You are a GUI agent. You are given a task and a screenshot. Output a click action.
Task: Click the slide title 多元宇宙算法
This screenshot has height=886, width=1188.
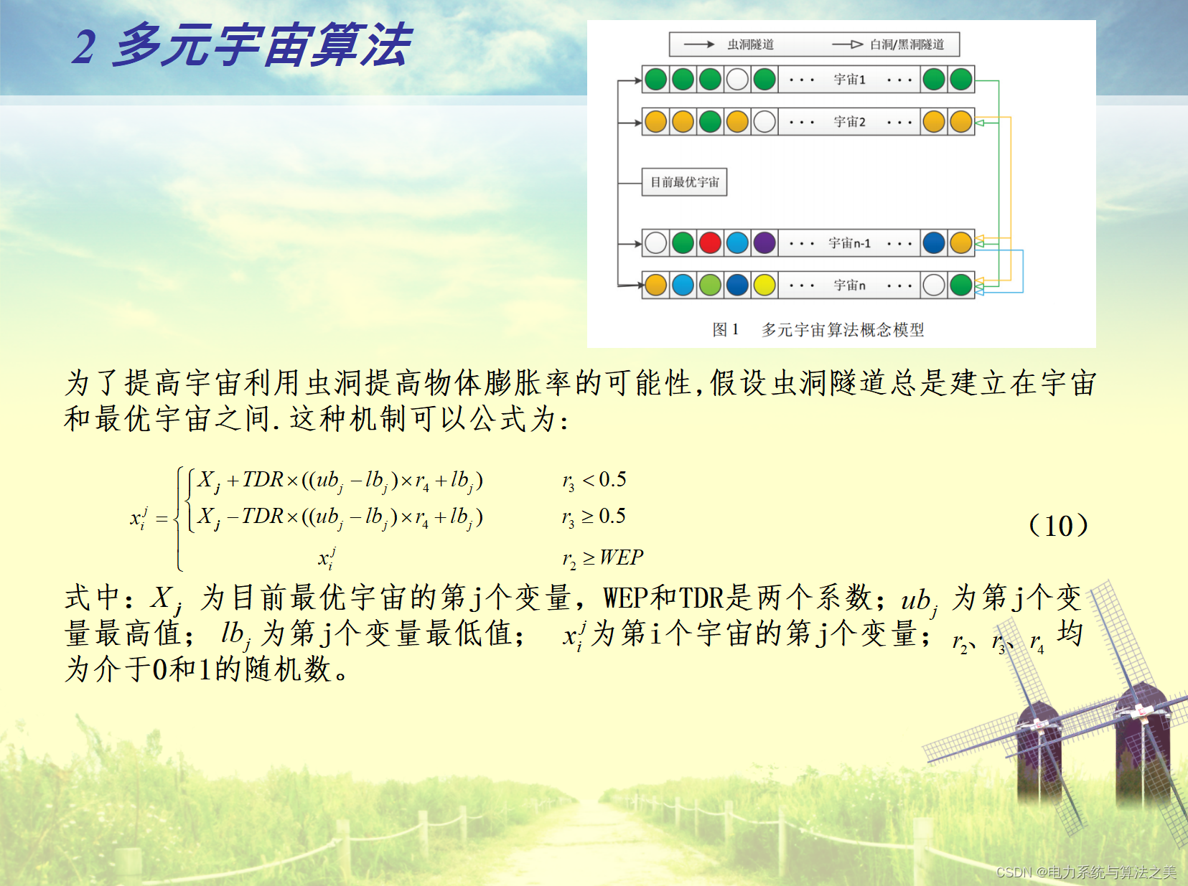(263, 45)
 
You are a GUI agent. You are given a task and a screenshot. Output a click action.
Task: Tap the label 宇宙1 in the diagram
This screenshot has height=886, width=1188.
(850, 80)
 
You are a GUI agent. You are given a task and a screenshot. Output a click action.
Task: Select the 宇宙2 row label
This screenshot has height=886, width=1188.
(850, 122)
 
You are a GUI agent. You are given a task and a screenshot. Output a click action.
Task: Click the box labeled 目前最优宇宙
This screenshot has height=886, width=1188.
(684, 182)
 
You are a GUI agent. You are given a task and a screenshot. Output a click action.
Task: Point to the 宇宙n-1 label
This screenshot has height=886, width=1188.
(850, 243)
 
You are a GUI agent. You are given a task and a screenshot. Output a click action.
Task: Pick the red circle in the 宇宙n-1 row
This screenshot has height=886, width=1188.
(710, 243)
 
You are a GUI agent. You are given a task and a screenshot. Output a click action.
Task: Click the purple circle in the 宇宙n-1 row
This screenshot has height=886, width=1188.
(764, 243)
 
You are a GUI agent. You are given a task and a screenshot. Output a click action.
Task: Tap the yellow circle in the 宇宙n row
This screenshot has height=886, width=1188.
(764, 285)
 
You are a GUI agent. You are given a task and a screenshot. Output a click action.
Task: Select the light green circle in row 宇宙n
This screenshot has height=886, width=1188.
(710, 285)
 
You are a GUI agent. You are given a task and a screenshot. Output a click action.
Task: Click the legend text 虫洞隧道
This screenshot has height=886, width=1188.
(751, 44)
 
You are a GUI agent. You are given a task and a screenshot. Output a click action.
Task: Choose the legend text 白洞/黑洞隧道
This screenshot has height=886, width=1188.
(907, 44)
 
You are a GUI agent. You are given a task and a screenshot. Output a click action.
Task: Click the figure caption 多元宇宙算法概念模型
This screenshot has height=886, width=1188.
(843, 329)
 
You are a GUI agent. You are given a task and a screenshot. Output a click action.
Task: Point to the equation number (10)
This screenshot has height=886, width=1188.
(1058, 525)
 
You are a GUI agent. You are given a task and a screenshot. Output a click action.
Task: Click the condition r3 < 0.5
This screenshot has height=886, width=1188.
(594, 480)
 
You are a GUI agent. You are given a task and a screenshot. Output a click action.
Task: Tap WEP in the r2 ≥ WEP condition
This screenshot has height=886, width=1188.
(622, 557)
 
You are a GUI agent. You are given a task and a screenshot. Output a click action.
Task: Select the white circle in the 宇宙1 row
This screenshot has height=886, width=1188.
(737, 80)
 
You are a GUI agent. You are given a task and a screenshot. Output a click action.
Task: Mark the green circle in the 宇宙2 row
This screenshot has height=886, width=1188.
(710, 122)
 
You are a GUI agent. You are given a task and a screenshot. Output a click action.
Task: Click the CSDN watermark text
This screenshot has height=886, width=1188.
(1086, 872)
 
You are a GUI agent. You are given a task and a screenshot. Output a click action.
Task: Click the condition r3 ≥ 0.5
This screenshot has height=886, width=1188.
(594, 517)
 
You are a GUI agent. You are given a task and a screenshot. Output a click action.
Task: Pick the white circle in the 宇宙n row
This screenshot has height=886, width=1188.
(934, 285)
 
